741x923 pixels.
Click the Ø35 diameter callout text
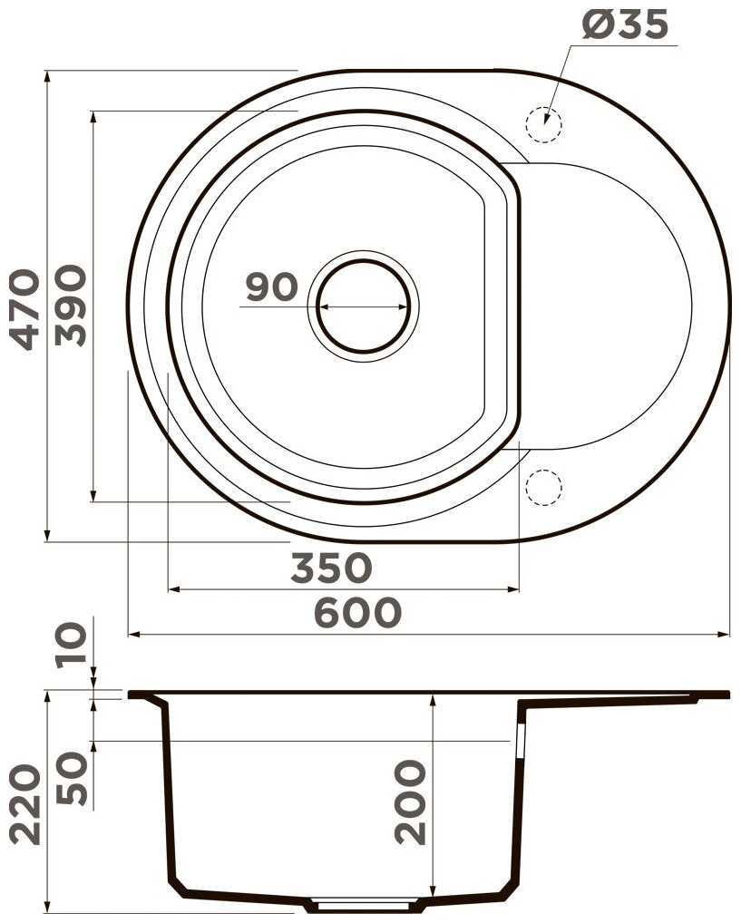tap(625, 24)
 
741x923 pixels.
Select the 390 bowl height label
tap(70, 305)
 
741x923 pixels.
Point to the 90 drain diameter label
tap(271, 287)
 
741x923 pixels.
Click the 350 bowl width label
tap(332, 568)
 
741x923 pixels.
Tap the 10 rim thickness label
tap(71, 646)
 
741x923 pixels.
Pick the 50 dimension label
tap(71, 778)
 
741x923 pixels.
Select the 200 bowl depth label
tap(410, 802)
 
